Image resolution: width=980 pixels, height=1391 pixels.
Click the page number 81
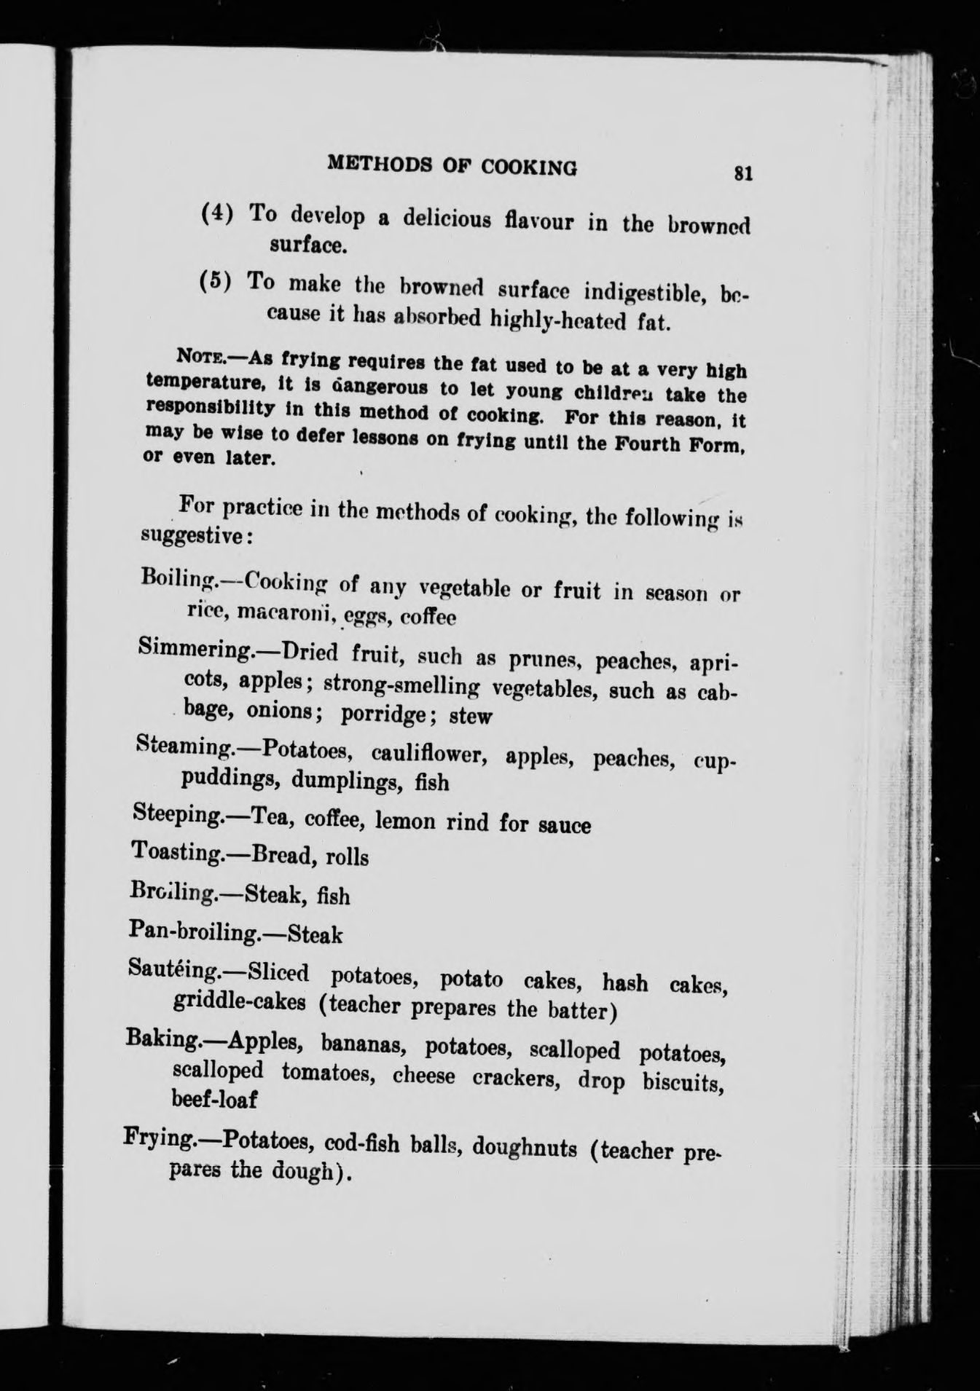[x=742, y=174]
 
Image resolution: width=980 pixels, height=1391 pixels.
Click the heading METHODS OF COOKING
[x=452, y=165]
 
